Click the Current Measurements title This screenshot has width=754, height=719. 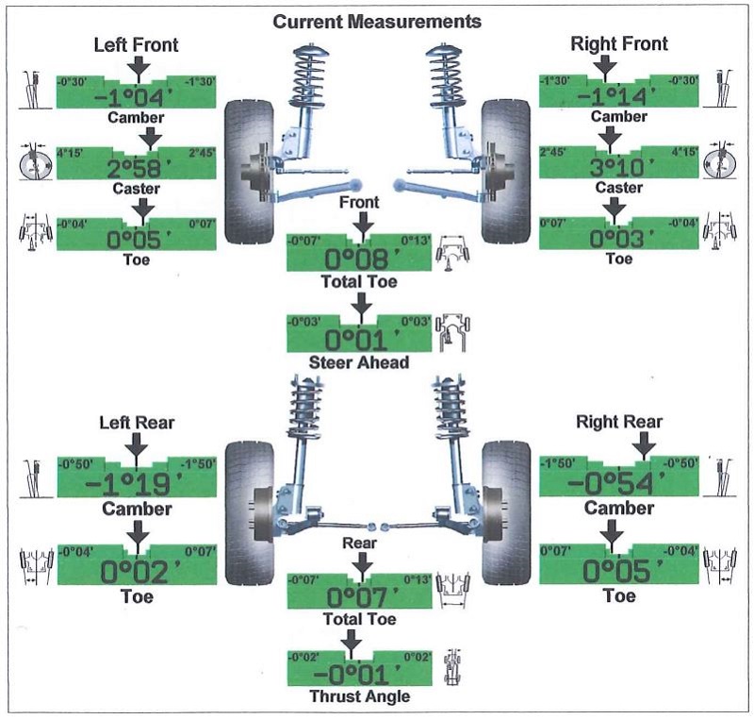(376, 20)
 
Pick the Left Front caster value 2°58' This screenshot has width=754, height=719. (137, 167)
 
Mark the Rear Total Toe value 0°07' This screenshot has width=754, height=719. (359, 597)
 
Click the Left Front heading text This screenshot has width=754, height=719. (137, 44)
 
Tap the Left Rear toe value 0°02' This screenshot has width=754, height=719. (137, 572)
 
